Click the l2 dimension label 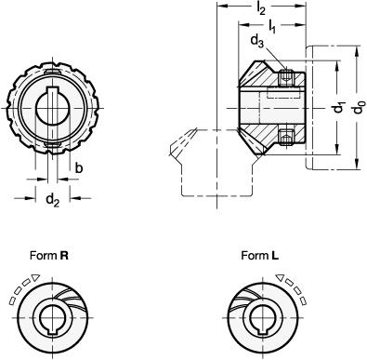(261, 9)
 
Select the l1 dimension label (272, 26)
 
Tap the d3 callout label (256, 41)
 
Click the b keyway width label (79, 168)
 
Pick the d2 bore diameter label (52, 200)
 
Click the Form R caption (49, 256)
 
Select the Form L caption (259, 256)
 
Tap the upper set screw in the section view (285, 78)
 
